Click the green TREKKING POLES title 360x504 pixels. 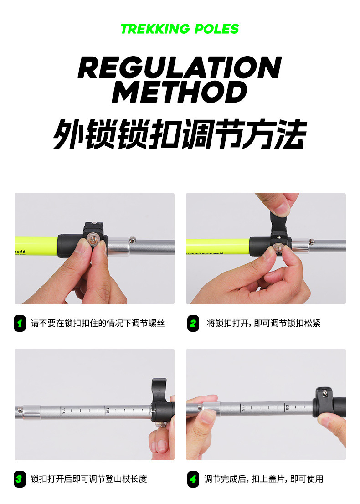[x=180, y=29]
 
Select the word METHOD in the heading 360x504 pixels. [x=180, y=93]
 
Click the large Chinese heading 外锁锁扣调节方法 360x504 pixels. [x=180, y=134]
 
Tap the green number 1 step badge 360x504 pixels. [x=20, y=324]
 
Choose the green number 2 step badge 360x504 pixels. [x=193, y=324]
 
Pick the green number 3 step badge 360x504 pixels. [x=20, y=479]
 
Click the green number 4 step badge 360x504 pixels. [x=193, y=479]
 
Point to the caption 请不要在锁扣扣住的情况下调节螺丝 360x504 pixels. [x=98, y=324]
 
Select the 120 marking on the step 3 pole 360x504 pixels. [x=107, y=411]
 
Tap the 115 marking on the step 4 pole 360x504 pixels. [x=243, y=407]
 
